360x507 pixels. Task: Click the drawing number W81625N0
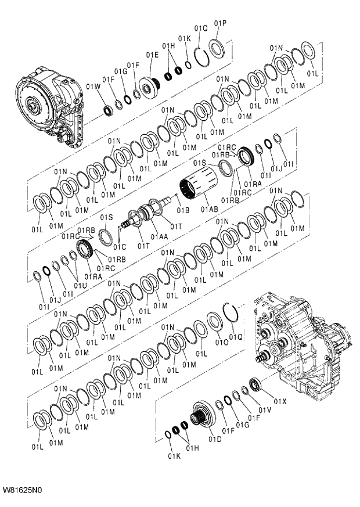tap(23, 490)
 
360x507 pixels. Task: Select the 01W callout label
tap(93, 87)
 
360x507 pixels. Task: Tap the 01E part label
tap(152, 55)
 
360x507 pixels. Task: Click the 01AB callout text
tap(209, 208)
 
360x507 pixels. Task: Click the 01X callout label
tap(280, 401)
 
